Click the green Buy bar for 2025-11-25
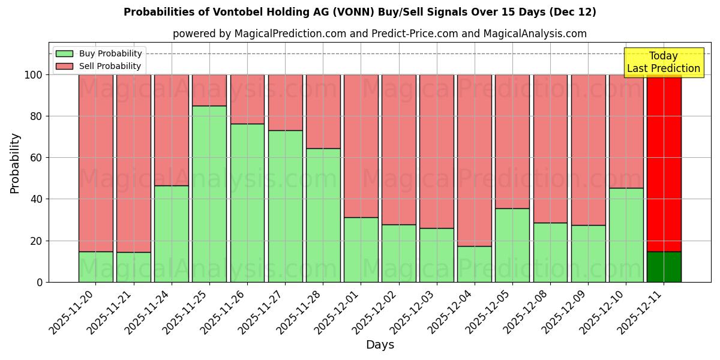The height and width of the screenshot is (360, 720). (209, 194)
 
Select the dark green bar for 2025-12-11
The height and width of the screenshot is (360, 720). (664, 267)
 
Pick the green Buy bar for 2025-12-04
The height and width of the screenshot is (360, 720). (475, 264)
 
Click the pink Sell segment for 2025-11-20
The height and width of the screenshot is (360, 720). (96, 163)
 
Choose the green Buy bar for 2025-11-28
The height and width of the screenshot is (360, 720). (323, 215)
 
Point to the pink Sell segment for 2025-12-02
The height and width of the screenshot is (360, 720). (399, 149)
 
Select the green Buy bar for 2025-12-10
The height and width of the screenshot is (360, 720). (626, 235)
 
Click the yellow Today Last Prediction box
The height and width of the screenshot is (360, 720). (664, 62)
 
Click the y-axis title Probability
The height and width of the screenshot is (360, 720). (15, 163)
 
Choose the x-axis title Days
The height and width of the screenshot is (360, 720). (380, 345)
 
